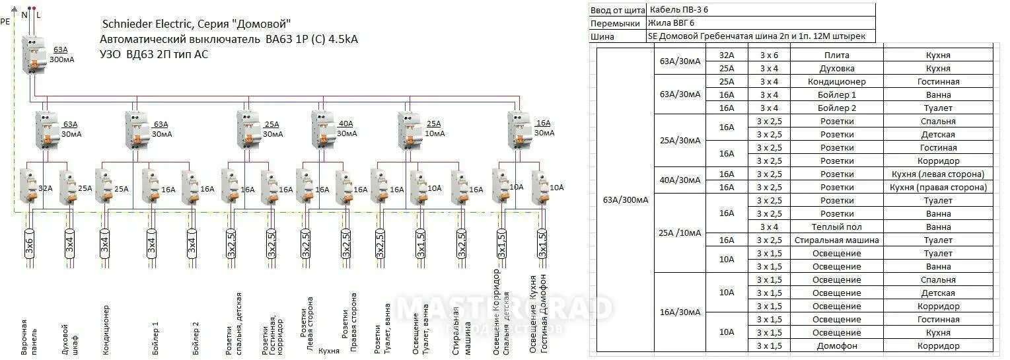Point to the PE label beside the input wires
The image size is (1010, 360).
pos(5,21)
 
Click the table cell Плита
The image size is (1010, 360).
pos(837,55)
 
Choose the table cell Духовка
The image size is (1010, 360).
pos(837,69)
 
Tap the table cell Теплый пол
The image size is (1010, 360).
pos(837,227)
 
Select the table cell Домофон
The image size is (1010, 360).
pos(837,346)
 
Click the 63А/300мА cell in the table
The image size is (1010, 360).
pos(626,200)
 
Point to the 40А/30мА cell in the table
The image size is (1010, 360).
pos(680,180)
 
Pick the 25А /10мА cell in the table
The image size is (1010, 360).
pos(680,233)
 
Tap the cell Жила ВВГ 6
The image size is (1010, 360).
pos(672,23)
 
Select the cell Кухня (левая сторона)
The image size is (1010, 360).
pos(938,174)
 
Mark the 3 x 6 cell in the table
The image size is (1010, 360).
pos(769,55)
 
